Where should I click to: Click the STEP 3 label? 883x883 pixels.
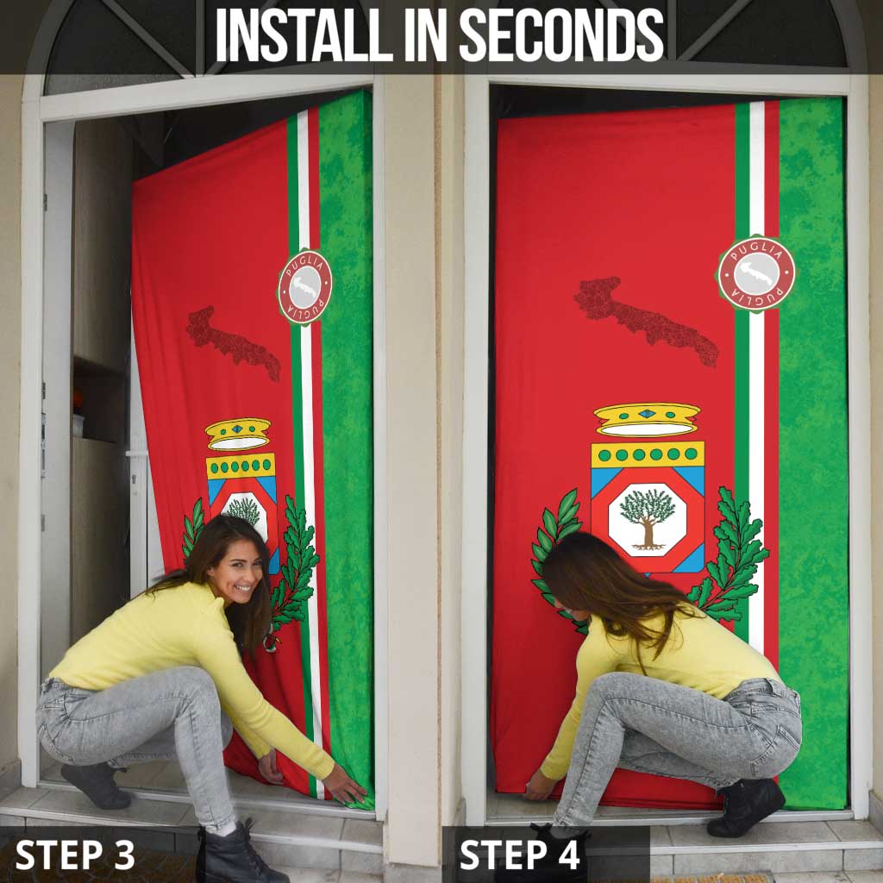click(x=75, y=855)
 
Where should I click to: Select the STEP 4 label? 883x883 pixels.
click(x=520, y=855)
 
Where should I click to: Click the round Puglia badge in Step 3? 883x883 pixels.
click(x=304, y=287)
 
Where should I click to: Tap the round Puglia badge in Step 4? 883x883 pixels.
click(x=756, y=273)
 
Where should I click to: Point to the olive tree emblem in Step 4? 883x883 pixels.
click(x=648, y=518)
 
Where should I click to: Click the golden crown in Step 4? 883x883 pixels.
click(x=647, y=419)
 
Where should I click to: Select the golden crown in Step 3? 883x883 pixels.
click(x=237, y=434)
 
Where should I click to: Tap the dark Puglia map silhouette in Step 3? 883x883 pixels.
click(x=233, y=341)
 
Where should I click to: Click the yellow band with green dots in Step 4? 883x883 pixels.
click(x=648, y=454)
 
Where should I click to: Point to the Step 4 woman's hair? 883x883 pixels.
click(x=604, y=586)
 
